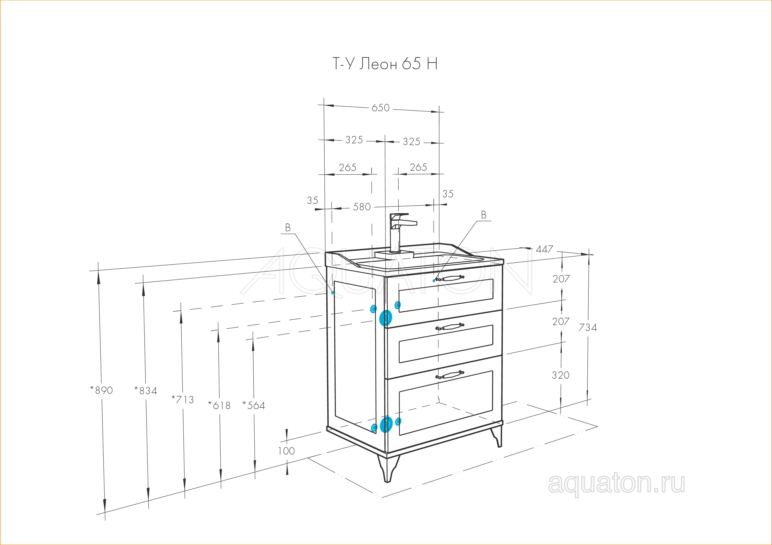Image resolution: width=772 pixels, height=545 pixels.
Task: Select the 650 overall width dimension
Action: click(381, 108)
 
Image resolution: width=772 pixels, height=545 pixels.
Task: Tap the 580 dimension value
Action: click(362, 207)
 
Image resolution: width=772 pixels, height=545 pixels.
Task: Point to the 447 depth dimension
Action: click(544, 249)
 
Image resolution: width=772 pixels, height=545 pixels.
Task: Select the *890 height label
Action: click(101, 390)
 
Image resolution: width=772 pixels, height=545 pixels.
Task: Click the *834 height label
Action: click(146, 391)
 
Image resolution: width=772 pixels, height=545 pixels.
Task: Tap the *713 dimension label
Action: click(183, 400)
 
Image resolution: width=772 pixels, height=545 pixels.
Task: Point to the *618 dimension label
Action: click(219, 405)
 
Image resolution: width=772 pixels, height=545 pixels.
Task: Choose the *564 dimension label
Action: click(254, 406)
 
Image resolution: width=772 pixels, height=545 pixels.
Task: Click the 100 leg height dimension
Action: click(287, 451)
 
